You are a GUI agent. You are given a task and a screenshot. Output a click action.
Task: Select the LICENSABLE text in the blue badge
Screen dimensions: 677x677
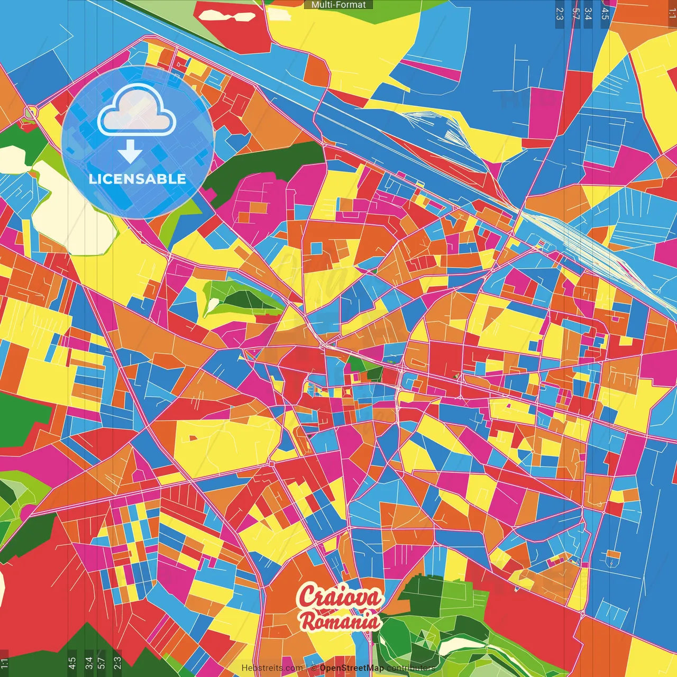click(x=138, y=179)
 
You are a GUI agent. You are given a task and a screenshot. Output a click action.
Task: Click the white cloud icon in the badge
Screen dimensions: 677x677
click(x=136, y=111)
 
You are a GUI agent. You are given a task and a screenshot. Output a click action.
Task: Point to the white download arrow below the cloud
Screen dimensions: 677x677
click(x=130, y=151)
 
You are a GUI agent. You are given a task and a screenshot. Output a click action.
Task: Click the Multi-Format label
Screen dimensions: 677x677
click(x=338, y=5)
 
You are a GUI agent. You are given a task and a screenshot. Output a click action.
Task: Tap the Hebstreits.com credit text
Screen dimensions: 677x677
click(x=272, y=668)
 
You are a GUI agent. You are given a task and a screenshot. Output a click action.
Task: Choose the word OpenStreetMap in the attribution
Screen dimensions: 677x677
click(x=351, y=668)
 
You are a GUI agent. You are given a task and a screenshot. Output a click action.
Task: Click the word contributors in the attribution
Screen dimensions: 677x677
click(x=410, y=668)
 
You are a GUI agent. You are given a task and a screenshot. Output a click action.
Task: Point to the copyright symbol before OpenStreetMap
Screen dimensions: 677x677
click(x=314, y=668)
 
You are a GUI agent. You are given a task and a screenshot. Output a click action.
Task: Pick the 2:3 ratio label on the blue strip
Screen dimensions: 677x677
click(x=560, y=13)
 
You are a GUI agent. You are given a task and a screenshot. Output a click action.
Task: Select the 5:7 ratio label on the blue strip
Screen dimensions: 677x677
click(x=575, y=13)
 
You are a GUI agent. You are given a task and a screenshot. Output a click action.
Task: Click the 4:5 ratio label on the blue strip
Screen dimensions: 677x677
click(x=605, y=13)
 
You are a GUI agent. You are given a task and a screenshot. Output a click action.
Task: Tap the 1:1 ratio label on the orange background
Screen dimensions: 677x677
click(x=672, y=13)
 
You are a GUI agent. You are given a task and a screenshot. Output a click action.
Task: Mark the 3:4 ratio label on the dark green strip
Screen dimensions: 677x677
click(x=88, y=662)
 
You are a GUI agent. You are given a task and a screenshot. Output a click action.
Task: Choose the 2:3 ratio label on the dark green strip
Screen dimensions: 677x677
click(x=117, y=662)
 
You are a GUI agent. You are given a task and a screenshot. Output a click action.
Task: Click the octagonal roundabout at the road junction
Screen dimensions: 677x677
click(x=31, y=113)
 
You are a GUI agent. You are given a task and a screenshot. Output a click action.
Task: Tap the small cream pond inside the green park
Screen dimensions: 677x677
click(x=213, y=305)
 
